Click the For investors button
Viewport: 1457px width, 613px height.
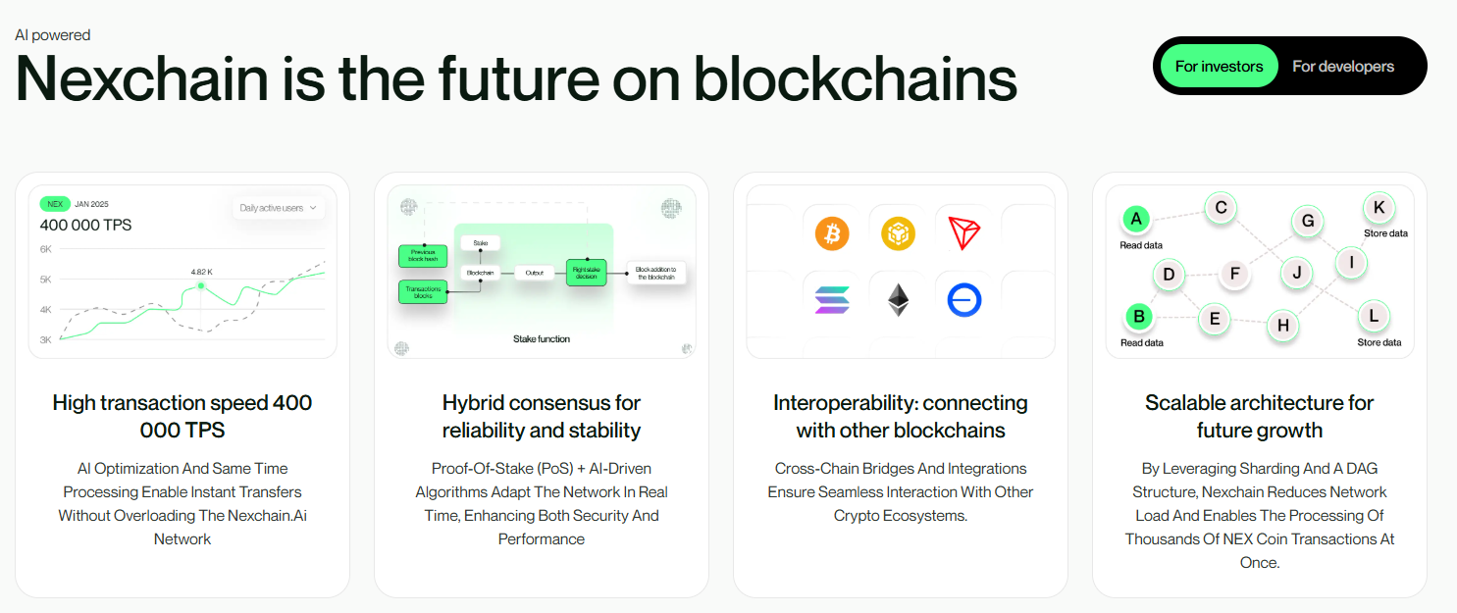tap(1219, 67)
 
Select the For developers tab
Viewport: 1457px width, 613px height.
tap(1342, 67)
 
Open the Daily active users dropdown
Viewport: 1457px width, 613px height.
tap(279, 208)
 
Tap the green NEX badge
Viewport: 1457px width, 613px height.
tap(55, 204)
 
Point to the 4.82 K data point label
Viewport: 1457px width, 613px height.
tap(202, 271)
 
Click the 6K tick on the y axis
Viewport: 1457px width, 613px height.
tap(46, 249)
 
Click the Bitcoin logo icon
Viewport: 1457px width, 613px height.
tap(832, 233)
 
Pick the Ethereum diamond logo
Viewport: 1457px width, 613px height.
tap(898, 300)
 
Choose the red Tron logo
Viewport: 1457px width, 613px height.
tap(964, 233)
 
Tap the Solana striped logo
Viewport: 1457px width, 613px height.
tap(832, 300)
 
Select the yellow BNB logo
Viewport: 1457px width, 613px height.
tap(898, 233)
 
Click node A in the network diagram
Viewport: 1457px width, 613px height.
tap(1136, 219)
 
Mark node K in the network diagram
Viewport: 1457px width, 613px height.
tap(1379, 207)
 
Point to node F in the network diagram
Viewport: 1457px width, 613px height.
tap(1235, 274)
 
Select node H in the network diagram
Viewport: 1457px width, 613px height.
tap(1282, 326)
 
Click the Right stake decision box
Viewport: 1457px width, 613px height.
tap(587, 273)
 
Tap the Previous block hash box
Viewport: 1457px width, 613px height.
tap(423, 256)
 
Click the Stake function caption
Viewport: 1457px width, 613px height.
tap(541, 339)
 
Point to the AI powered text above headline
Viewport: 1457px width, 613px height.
tap(53, 35)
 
